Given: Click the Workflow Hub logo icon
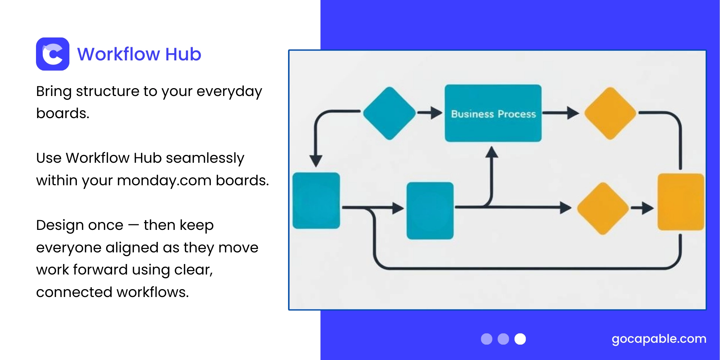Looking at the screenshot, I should (52, 54).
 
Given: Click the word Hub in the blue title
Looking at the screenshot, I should (183, 54).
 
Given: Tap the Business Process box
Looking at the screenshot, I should (493, 113).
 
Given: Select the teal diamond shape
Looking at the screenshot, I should (390, 113).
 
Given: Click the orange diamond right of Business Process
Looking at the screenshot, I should (610, 113).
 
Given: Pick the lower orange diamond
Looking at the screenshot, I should (603, 208).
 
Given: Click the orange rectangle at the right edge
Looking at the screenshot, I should (681, 202).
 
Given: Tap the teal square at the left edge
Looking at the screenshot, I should (316, 201).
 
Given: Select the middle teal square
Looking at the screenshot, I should (430, 210).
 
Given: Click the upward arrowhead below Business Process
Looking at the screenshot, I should (492, 152).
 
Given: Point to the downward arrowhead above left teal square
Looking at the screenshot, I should (316, 161).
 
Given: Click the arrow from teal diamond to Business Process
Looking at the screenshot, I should (430, 112).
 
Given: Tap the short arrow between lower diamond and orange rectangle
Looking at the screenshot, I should (642, 208).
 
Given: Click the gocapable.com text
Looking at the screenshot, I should (658, 339).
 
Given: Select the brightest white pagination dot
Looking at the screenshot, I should (520, 339).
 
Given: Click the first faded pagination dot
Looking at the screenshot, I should (486, 339).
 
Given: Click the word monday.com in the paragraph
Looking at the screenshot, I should (164, 181).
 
